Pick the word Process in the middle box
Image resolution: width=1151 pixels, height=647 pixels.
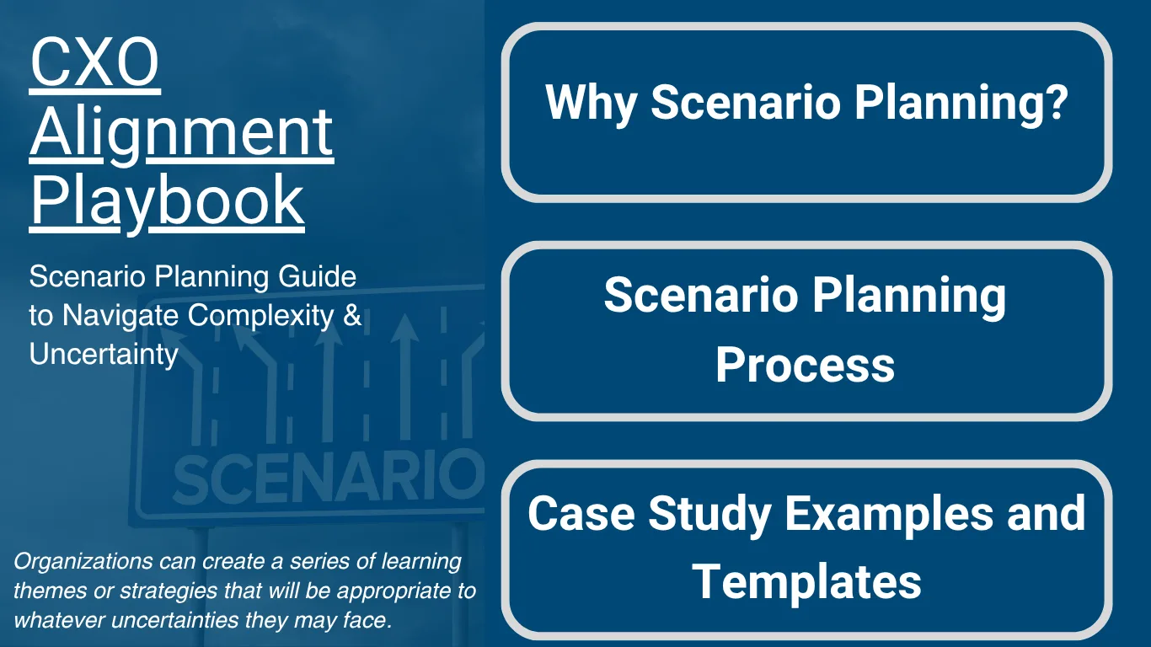pos(805,365)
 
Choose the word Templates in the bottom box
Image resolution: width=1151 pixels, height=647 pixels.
pos(806,580)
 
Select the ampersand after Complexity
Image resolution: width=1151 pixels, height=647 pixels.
pos(352,315)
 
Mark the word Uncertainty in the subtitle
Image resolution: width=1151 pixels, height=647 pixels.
pos(103,354)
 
